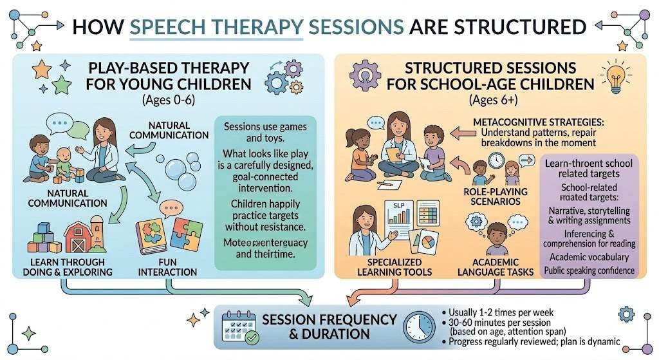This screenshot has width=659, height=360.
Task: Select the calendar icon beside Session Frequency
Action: point(240,326)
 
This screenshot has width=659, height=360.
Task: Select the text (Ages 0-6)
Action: point(157,100)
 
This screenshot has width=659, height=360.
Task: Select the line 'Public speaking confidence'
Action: point(590,270)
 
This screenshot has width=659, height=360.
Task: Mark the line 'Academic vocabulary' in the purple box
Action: point(589,258)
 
